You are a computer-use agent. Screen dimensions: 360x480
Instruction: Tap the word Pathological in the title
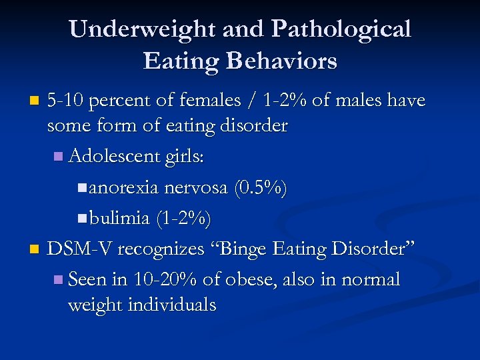pyautogui.click(x=341, y=29)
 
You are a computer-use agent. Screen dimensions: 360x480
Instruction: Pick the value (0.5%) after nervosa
pyautogui.click(x=261, y=189)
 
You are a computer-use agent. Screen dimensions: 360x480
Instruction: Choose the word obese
pyautogui.click(x=251, y=279)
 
